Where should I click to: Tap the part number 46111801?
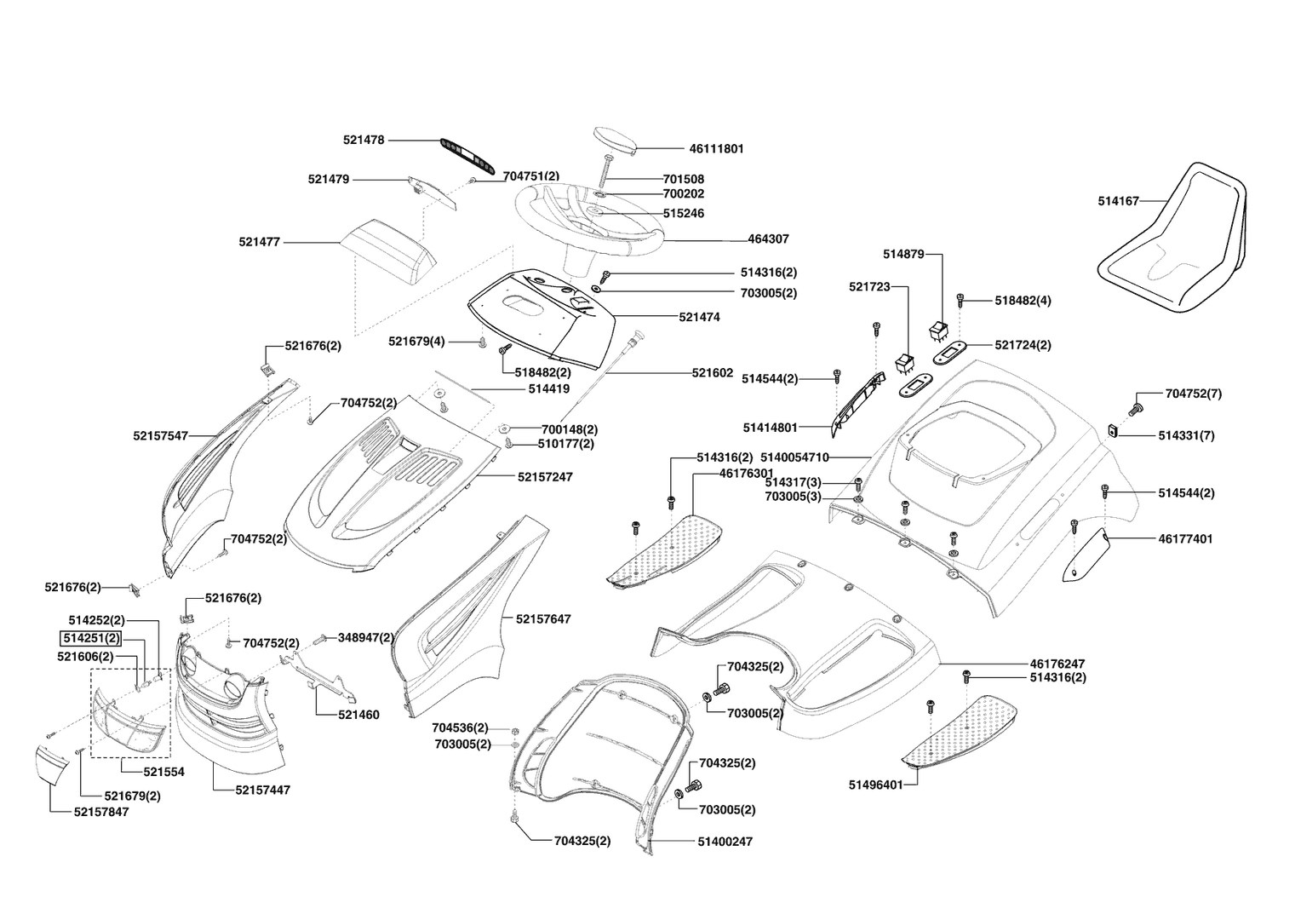point(716,149)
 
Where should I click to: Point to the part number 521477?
point(260,243)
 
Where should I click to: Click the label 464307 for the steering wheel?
point(768,240)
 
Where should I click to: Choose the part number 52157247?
point(544,477)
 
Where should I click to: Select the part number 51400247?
point(725,842)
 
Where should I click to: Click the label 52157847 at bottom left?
point(101,812)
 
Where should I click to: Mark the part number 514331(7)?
point(1186,436)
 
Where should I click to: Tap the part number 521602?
point(712,373)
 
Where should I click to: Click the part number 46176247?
point(1057,663)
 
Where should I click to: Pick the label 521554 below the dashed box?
point(163,772)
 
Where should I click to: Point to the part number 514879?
point(903,254)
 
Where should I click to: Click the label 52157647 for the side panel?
point(543,619)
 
